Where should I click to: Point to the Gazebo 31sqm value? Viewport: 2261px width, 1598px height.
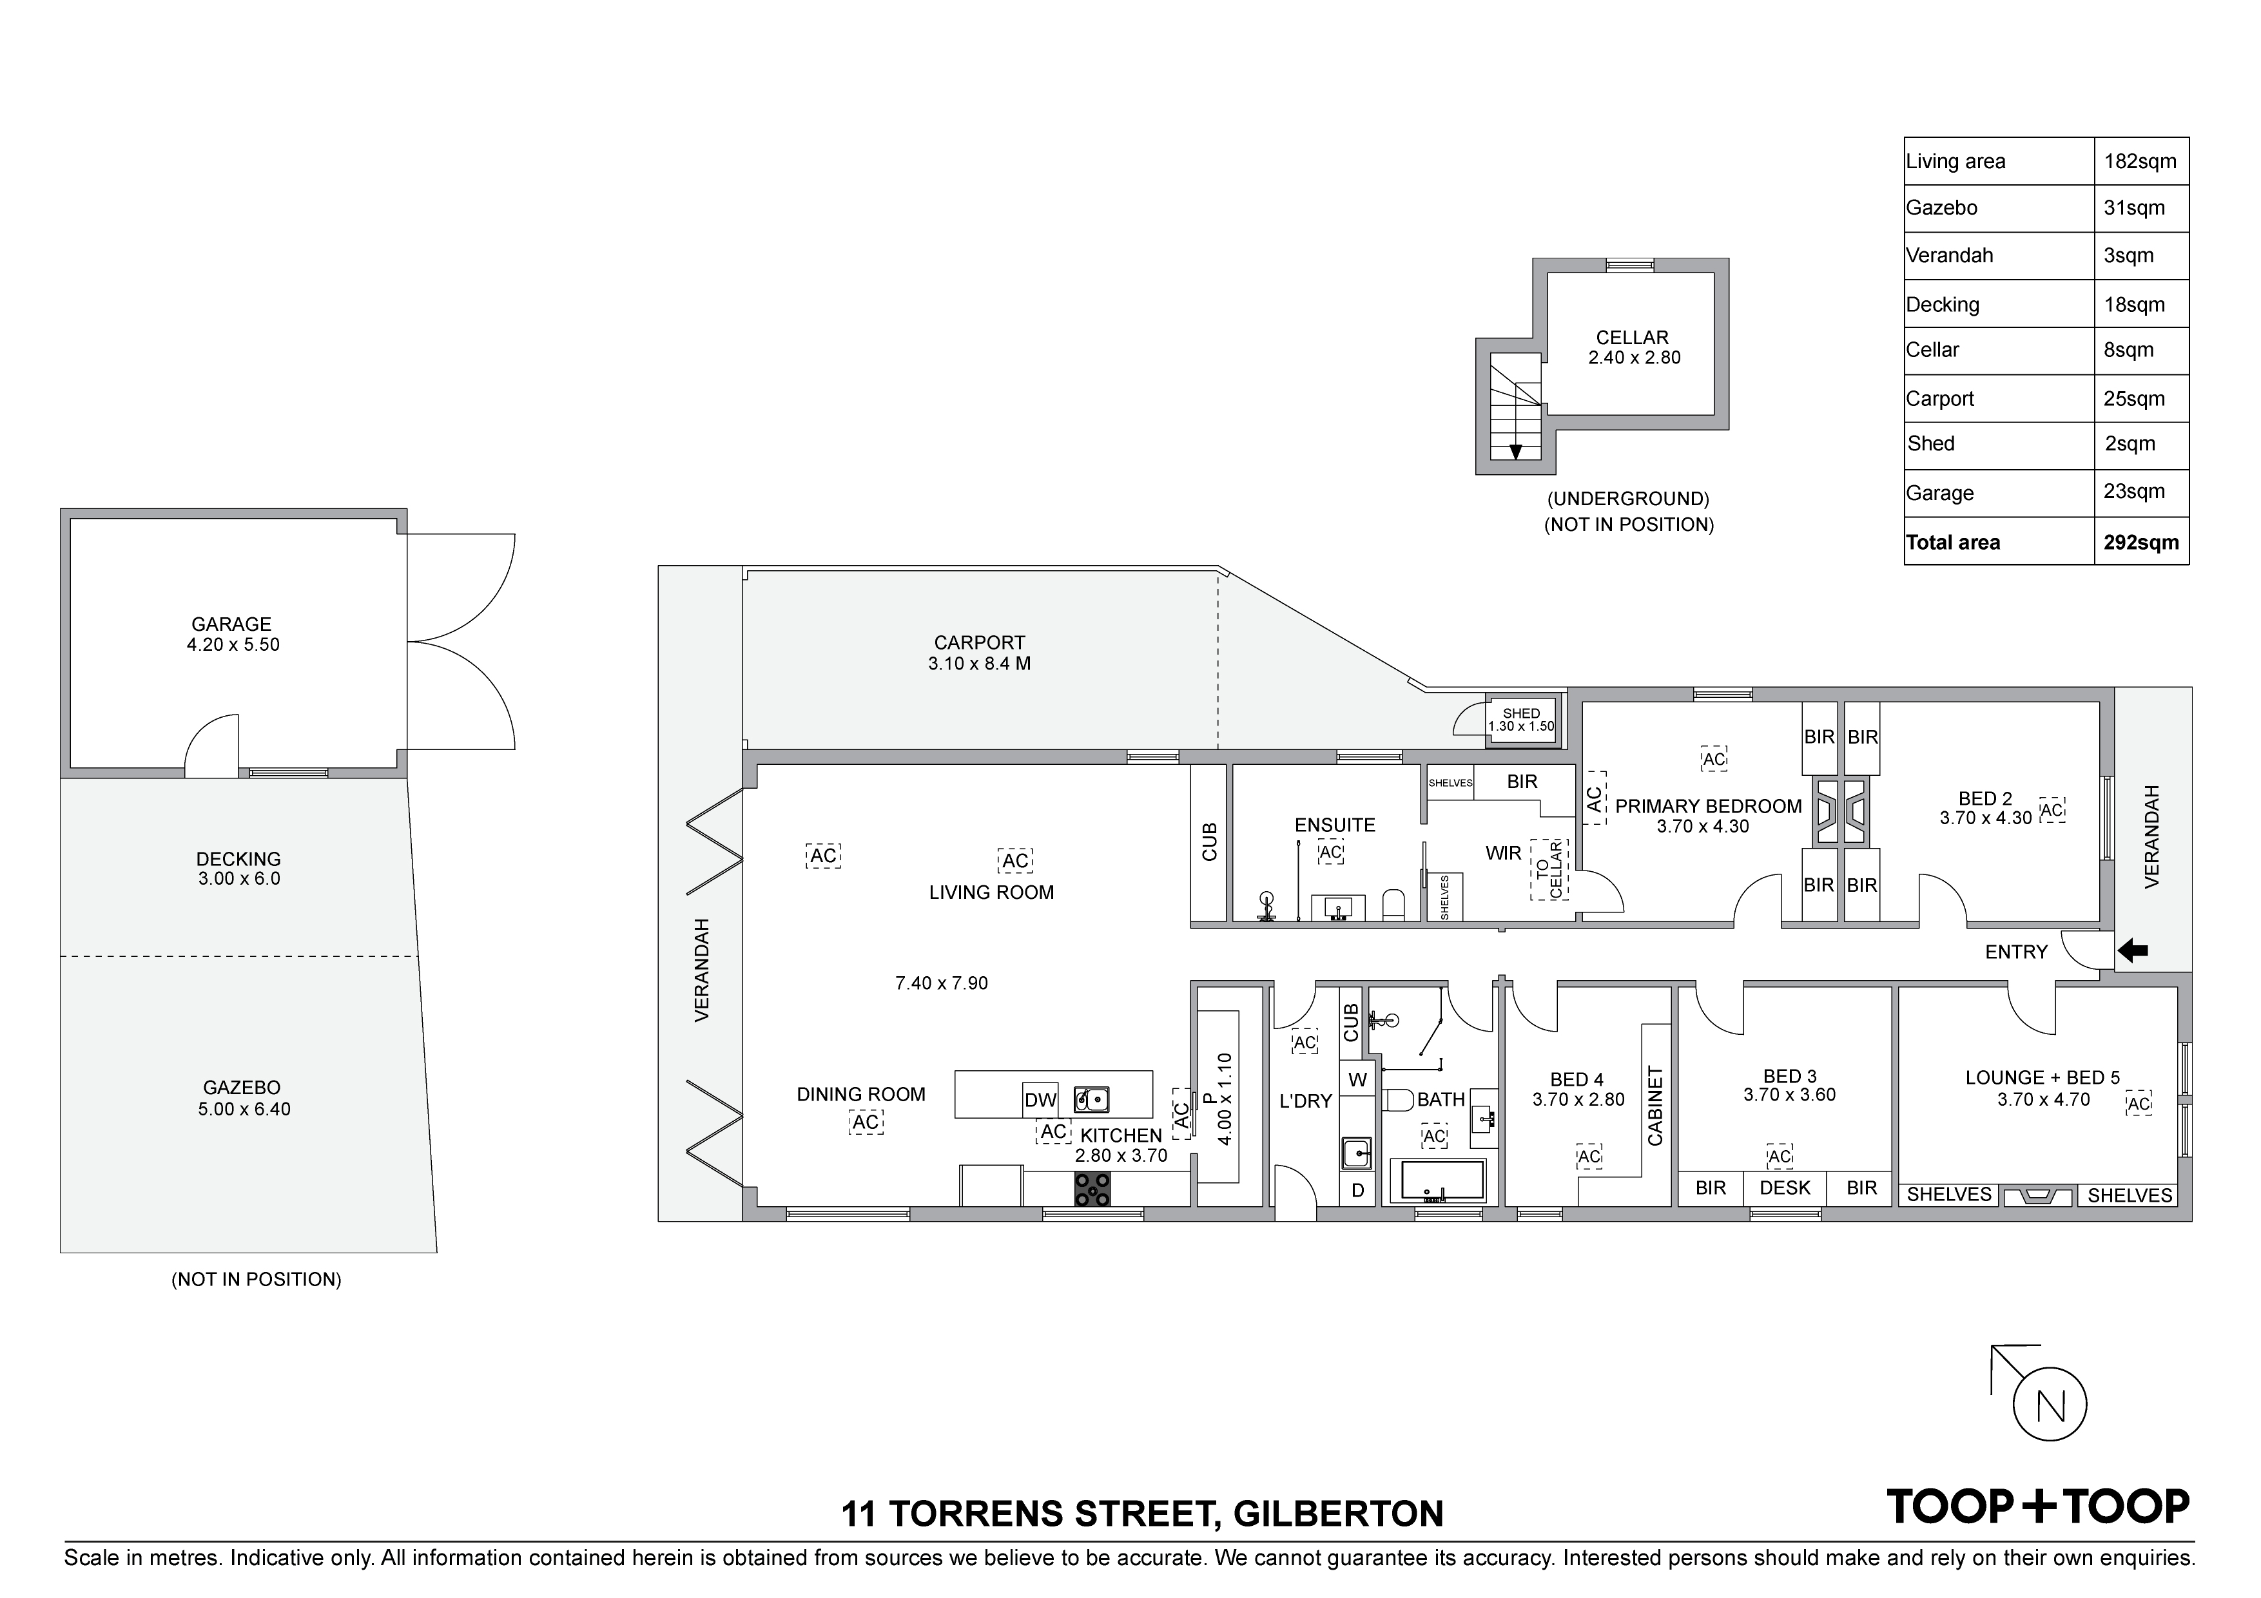coord(2134,207)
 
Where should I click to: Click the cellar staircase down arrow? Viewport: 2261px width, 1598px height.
coord(1515,451)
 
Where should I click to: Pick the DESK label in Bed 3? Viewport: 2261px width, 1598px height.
coord(1785,1188)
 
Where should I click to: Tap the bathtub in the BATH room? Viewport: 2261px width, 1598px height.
coord(1437,1180)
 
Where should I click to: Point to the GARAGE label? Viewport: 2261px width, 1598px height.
coord(231,624)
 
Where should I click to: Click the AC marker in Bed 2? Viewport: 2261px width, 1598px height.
coord(2052,811)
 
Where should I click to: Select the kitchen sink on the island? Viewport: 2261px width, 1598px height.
coord(1091,1099)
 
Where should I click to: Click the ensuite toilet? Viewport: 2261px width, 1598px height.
coord(1393,904)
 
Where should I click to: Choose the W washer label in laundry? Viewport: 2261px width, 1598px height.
coord(1358,1080)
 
